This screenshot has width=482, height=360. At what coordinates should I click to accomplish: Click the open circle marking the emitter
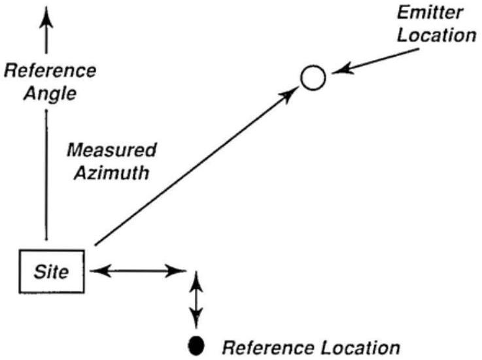313,78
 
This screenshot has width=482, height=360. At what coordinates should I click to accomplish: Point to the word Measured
112,152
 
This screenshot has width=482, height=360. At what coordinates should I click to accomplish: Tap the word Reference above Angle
50,69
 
